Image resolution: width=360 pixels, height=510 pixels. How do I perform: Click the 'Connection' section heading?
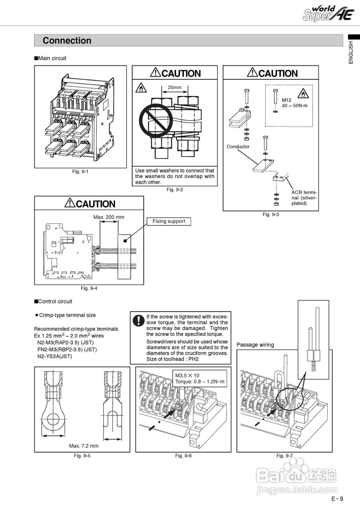[67, 41]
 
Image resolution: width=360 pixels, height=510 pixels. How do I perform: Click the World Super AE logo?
[328, 14]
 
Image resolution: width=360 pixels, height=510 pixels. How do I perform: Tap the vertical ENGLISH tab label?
[351, 52]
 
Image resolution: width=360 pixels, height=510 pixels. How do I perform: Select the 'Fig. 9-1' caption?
[80, 171]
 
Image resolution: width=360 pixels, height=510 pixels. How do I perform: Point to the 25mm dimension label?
[174, 87]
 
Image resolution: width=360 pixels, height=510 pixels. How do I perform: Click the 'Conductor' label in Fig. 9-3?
[238, 147]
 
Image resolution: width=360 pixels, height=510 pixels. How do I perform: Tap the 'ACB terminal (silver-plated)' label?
[304, 198]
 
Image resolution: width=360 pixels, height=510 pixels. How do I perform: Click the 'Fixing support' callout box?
[169, 222]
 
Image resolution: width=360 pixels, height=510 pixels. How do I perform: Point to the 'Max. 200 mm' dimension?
[109, 217]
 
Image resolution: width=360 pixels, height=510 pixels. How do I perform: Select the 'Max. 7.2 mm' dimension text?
[84, 446]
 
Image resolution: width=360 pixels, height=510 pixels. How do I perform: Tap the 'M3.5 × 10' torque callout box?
[200, 379]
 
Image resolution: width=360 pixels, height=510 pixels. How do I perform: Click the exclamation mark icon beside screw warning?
[138, 320]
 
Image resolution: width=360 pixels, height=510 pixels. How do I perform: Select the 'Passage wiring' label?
[255, 345]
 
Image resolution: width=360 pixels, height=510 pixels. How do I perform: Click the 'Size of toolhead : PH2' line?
[172, 359]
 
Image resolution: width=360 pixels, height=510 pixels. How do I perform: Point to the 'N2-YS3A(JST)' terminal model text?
[55, 356]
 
